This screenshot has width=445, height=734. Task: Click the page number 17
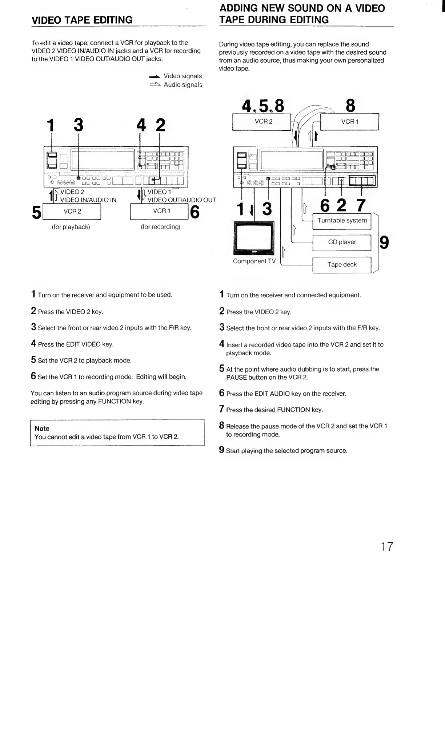pos(386,546)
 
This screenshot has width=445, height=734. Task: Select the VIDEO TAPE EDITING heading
pos(82,20)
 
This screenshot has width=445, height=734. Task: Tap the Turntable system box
pos(342,221)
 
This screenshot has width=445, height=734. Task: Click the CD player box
pos(342,242)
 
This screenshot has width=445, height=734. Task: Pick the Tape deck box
pos(342,265)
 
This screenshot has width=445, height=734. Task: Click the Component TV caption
pos(254,261)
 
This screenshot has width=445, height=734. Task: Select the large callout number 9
pos(384,242)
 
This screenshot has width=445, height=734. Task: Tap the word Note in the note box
pos(42,429)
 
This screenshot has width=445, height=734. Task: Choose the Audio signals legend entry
pos(183,85)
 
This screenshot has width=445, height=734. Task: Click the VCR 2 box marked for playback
pos(72,212)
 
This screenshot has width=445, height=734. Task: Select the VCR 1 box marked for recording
pos(159,211)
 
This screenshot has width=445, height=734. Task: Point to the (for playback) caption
pos(71,227)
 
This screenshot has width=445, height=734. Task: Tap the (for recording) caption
pos(160,227)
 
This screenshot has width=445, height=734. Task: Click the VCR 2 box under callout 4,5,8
pos(263,122)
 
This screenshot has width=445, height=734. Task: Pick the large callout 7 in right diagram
pos(361,205)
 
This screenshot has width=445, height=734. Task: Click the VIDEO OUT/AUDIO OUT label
pos(181,200)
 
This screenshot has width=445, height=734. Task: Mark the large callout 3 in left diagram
pos(78,125)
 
